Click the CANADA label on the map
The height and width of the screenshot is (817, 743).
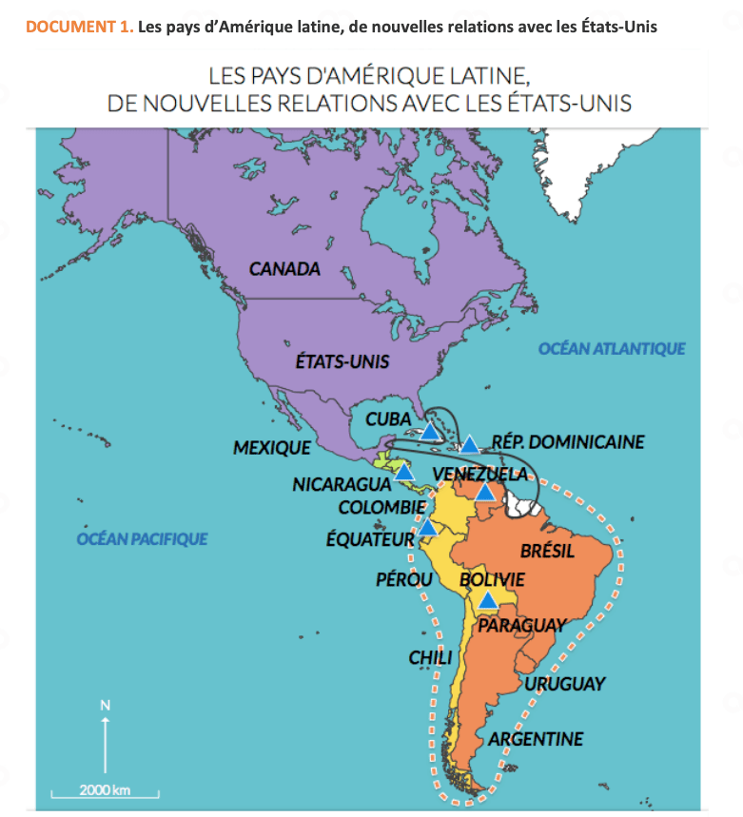[284, 269]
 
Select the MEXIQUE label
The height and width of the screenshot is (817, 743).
[272, 447]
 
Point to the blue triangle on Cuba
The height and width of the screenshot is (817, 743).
[429, 431]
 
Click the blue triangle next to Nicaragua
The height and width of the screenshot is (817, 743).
[404, 471]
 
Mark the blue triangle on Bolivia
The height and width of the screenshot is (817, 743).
[488, 600]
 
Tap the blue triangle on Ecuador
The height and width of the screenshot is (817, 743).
[428, 528]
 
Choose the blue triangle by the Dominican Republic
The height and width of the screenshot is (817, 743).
[470, 444]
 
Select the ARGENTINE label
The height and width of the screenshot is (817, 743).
[536, 739]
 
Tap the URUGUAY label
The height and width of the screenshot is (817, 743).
[564, 684]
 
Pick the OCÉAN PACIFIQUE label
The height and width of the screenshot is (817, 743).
[142, 539]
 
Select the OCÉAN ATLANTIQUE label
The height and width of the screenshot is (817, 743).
[612, 349]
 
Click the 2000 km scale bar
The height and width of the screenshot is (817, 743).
[105, 791]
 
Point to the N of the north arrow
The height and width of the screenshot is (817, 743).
[106, 705]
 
